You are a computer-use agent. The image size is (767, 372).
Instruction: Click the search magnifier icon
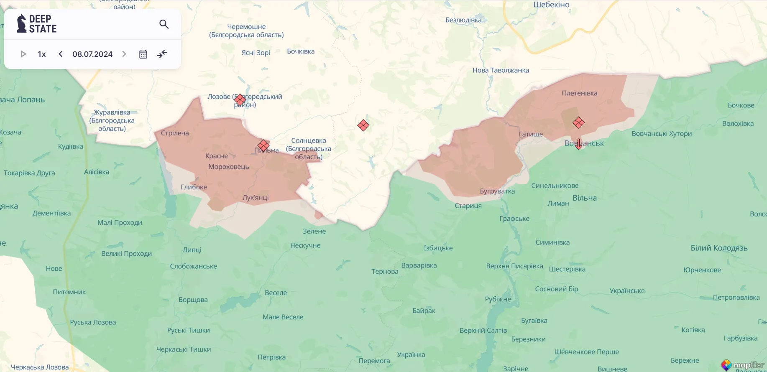tap(164, 24)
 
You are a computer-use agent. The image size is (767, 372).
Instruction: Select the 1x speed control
tap(42, 54)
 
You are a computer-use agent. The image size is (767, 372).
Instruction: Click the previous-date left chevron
tap(61, 54)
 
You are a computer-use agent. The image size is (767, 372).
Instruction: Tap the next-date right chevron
tap(124, 54)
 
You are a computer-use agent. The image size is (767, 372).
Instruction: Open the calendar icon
tap(143, 54)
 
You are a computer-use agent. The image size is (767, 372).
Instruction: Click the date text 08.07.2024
tap(92, 54)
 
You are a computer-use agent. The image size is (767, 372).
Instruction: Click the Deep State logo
tap(37, 24)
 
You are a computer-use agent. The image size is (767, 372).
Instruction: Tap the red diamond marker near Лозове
tap(240, 99)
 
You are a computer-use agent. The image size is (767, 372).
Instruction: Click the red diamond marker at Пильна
tap(263, 145)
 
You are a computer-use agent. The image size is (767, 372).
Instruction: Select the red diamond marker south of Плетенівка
tap(578, 122)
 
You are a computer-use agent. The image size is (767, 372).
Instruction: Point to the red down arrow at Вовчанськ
tap(578, 144)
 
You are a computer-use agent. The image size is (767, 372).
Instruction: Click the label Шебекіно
tap(551, 5)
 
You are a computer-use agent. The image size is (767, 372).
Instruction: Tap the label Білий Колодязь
tap(719, 248)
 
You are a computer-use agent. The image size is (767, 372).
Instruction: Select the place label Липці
tap(192, 250)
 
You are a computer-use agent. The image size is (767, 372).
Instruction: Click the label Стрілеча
tap(175, 133)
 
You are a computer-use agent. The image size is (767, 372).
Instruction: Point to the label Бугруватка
tap(497, 191)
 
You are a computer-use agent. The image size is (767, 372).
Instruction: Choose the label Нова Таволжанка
tap(501, 70)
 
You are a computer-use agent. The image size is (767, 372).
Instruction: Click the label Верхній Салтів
tap(483, 330)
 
